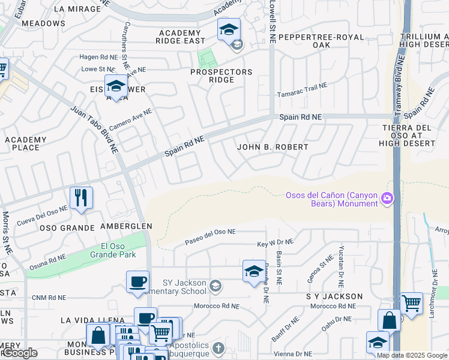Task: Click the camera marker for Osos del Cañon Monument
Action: [x=387, y=197]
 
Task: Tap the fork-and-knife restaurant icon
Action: [x=81, y=197]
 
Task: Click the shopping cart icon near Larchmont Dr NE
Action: [x=411, y=303]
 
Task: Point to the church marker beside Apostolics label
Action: [x=218, y=348]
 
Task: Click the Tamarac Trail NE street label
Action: [x=301, y=91]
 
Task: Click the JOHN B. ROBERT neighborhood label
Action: [x=273, y=147]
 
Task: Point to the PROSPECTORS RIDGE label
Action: [x=221, y=76]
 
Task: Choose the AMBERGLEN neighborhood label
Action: [x=126, y=226]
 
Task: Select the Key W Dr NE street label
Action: [x=275, y=243]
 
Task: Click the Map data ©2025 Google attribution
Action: [x=412, y=355]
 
